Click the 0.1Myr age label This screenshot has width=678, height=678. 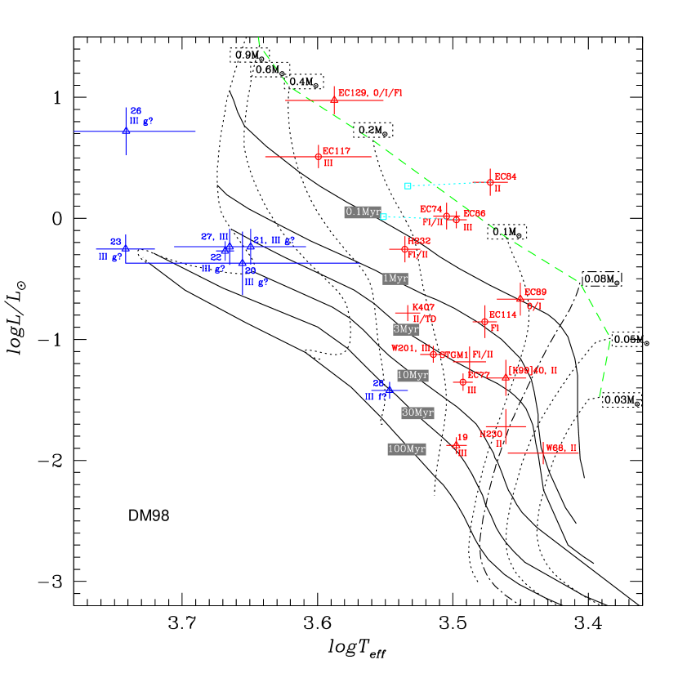pos(363,212)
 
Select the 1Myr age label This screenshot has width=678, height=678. pos(395,279)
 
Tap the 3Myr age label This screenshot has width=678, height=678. pos(406,329)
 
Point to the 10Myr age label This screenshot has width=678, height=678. pos(413,376)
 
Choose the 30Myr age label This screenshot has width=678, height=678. pos(417,413)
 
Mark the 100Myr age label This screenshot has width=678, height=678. pos(407,449)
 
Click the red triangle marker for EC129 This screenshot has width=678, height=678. pos(334,100)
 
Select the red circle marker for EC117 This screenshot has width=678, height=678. pos(319,157)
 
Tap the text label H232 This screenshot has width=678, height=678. pos(419,241)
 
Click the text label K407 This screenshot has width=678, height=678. pos(423,307)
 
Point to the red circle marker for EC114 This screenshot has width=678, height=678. pos(485,322)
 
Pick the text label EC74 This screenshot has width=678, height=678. pos(430,210)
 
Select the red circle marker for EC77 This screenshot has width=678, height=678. pos(463,382)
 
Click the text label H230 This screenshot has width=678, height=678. pos(491,435)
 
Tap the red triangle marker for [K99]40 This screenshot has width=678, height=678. pos(506,377)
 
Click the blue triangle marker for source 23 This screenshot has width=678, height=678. pos(126,248)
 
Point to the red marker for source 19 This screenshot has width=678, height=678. pos(457,445)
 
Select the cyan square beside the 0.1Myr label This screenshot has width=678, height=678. pos(384,217)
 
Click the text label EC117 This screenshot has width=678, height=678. pos(337,151)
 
